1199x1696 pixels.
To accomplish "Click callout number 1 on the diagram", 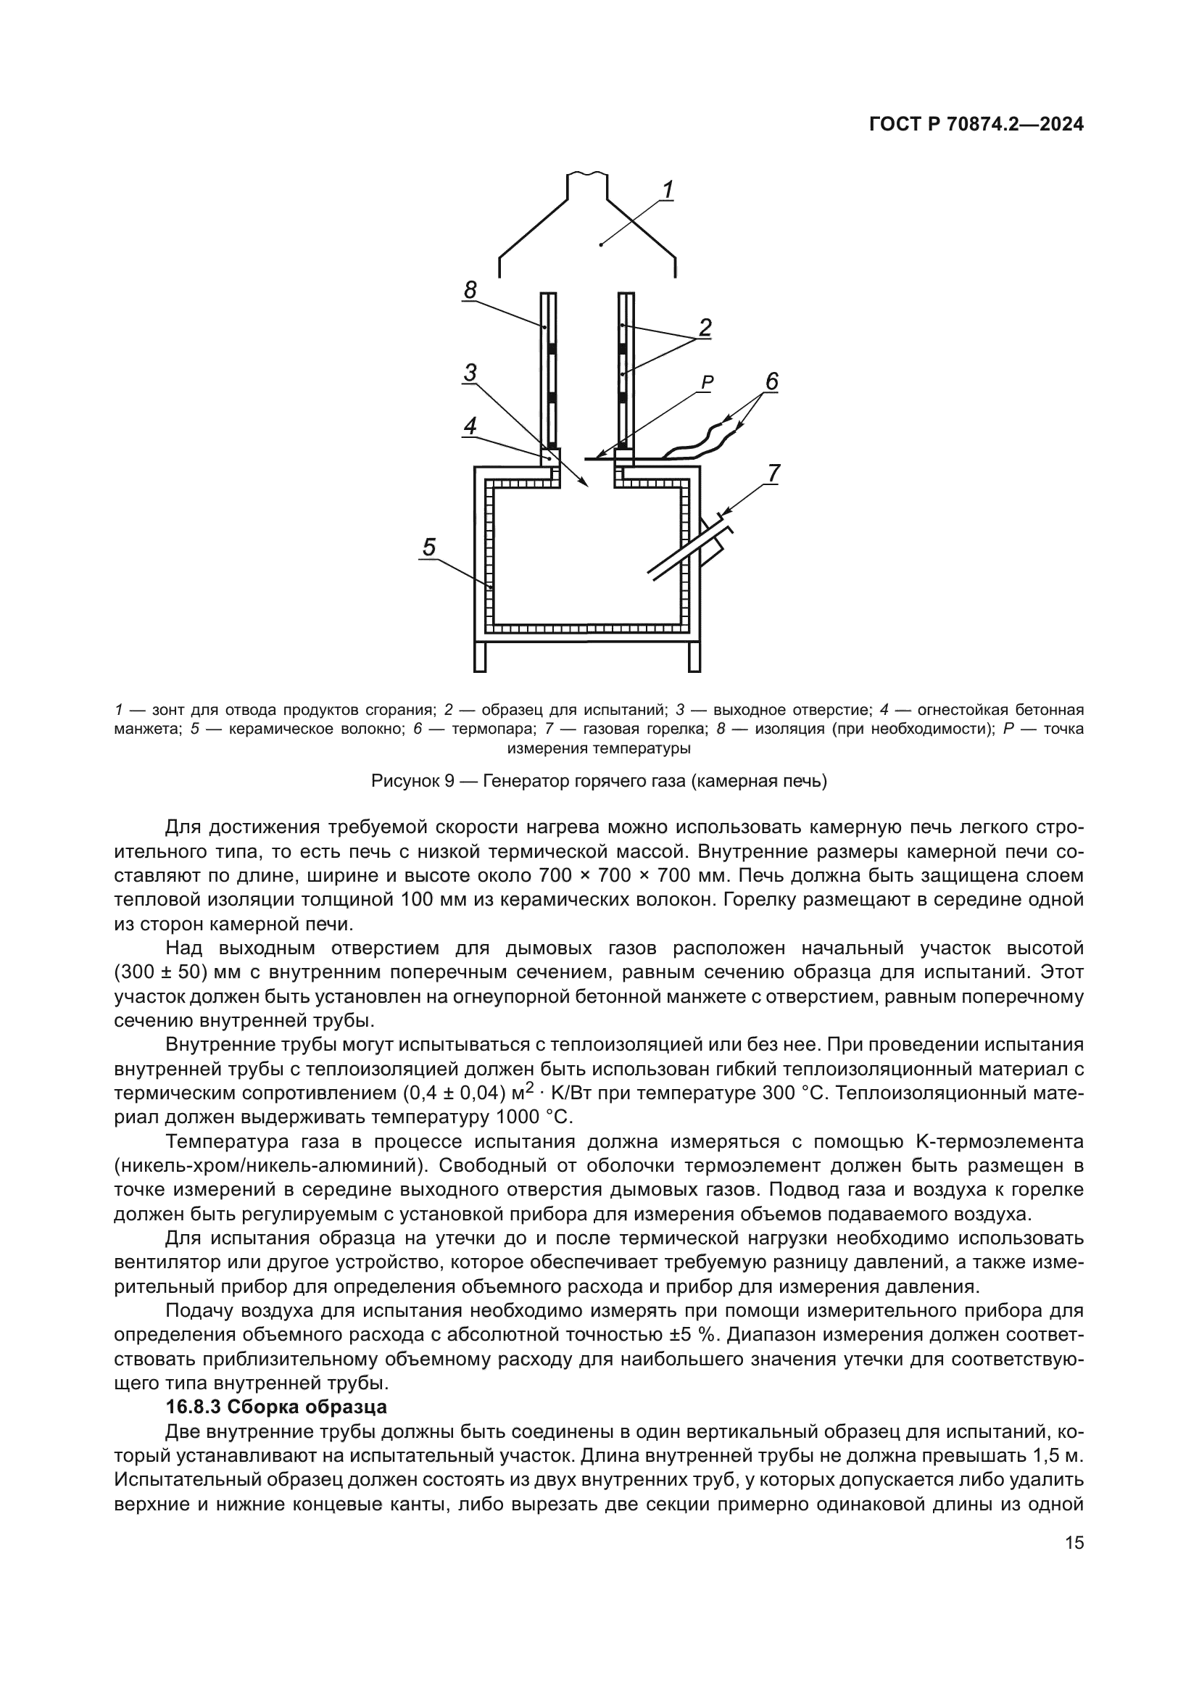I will (667, 191).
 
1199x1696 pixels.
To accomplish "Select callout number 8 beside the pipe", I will (470, 290).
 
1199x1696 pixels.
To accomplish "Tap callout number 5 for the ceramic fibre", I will (429, 547).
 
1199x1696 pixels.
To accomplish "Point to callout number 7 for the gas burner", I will (773, 473).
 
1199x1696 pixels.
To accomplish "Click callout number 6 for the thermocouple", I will (771, 381).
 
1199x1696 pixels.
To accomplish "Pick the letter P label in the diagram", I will (708, 382).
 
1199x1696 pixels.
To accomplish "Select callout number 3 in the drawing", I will (470, 373).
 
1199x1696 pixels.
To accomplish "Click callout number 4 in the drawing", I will (470, 426).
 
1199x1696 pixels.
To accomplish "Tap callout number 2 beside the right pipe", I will (705, 327).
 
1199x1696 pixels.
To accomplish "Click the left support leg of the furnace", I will (480, 656).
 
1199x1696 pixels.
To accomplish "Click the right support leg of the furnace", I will (694, 656).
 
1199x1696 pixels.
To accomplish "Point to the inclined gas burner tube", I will (679, 550).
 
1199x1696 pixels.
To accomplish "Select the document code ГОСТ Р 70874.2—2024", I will (976, 125).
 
